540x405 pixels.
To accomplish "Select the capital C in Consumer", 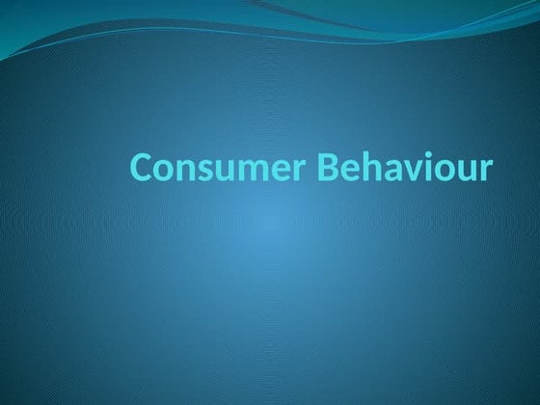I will pyautogui.click(x=142, y=168).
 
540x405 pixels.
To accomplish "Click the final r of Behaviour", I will pyautogui.click(x=484, y=171).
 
